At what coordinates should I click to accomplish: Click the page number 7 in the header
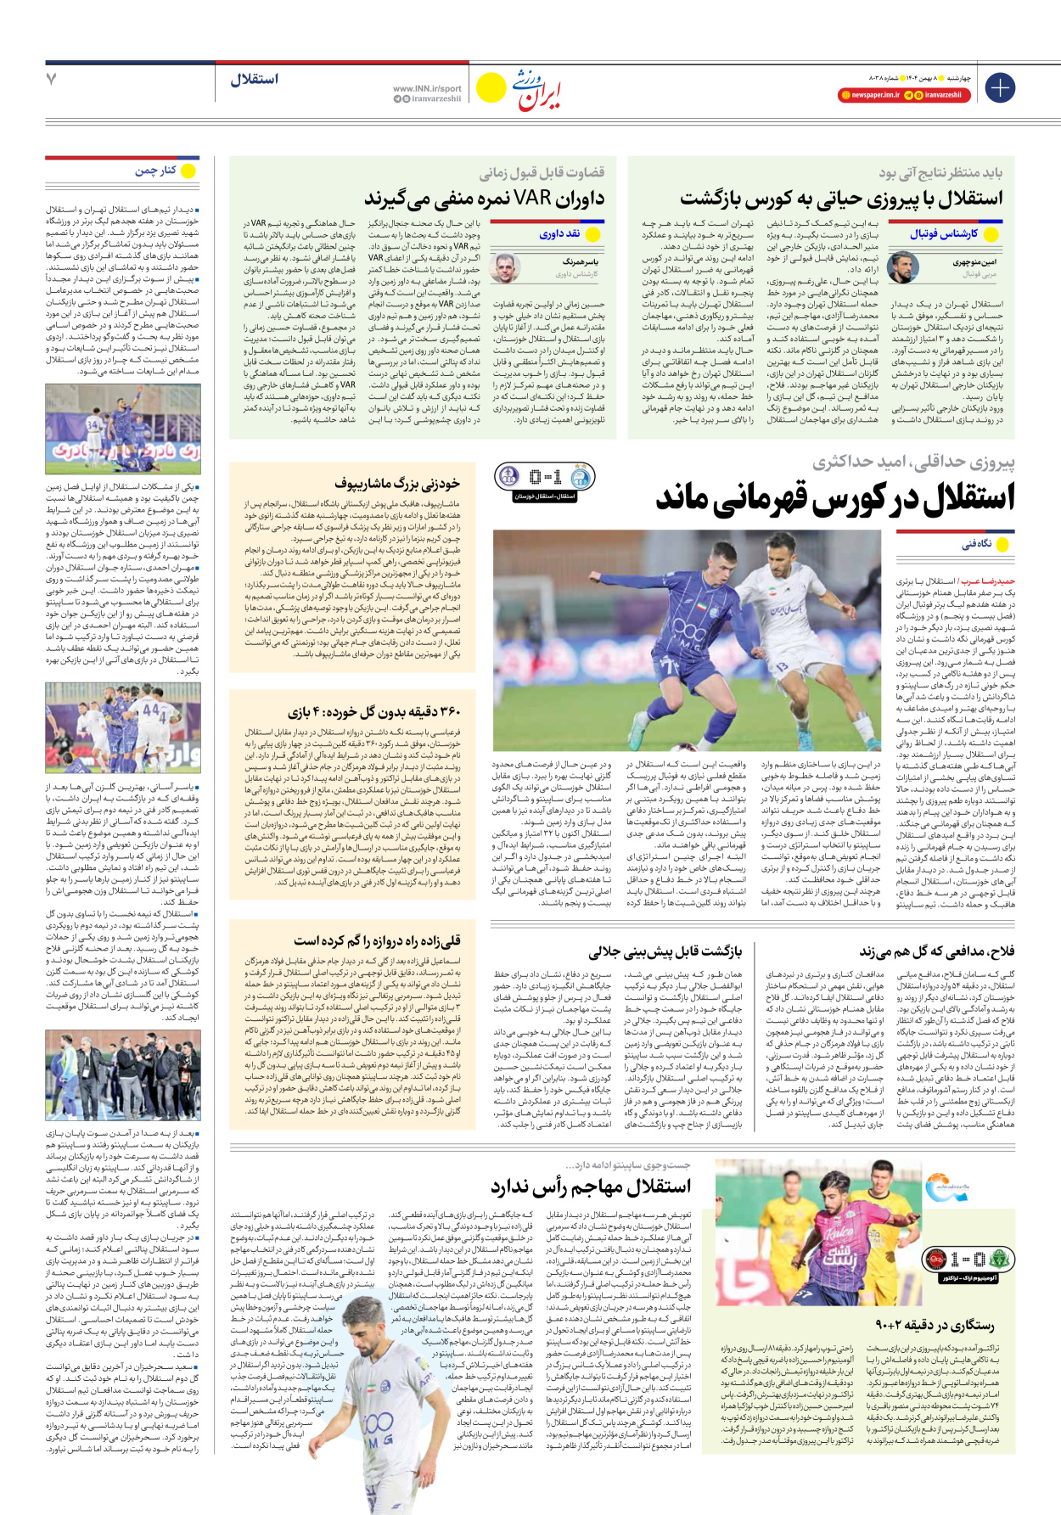(51, 79)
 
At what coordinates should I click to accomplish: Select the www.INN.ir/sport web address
(427, 88)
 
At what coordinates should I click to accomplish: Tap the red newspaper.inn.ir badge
(868, 95)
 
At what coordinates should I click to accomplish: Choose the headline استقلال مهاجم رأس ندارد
(591, 1187)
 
